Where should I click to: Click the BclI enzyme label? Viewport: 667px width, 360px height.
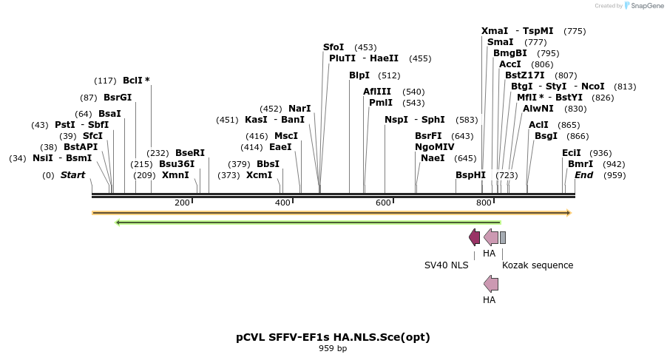coord(136,81)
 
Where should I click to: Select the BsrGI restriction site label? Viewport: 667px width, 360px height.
coord(118,98)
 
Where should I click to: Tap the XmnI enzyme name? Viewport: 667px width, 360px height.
coord(175,175)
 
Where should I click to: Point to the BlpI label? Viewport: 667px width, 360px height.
coord(359,75)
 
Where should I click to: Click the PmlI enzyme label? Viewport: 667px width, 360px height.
coord(381,103)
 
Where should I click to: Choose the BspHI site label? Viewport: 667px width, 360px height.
coord(470,175)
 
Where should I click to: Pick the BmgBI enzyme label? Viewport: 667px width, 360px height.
coord(510,53)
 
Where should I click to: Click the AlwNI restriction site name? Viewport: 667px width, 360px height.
coord(538,109)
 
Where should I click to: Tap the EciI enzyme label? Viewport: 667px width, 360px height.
coord(572,153)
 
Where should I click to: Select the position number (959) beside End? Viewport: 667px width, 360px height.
coord(614,175)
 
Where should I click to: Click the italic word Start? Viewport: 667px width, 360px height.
coord(72,175)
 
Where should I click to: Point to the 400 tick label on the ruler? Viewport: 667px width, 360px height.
coord(282,203)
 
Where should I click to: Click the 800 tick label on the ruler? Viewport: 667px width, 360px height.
coord(484,203)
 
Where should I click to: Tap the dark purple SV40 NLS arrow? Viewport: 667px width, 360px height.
coord(474,237)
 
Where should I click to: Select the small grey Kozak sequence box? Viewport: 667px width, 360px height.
coord(503,237)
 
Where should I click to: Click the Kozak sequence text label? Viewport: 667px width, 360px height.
coord(538,265)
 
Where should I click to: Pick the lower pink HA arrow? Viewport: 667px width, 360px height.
coord(490,283)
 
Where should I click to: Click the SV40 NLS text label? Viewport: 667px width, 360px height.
coord(446,265)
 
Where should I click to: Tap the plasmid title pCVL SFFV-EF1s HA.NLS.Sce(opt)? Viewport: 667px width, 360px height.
coord(333,337)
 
